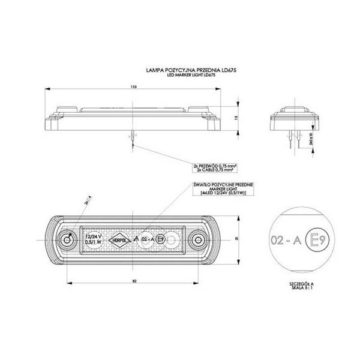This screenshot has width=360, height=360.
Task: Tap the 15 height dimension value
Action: pyautogui.click(x=238, y=118)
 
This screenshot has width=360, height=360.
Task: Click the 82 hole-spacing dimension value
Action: pyautogui.click(x=132, y=280)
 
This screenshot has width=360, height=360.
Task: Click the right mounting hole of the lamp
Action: pyautogui.click(x=196, y=241)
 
